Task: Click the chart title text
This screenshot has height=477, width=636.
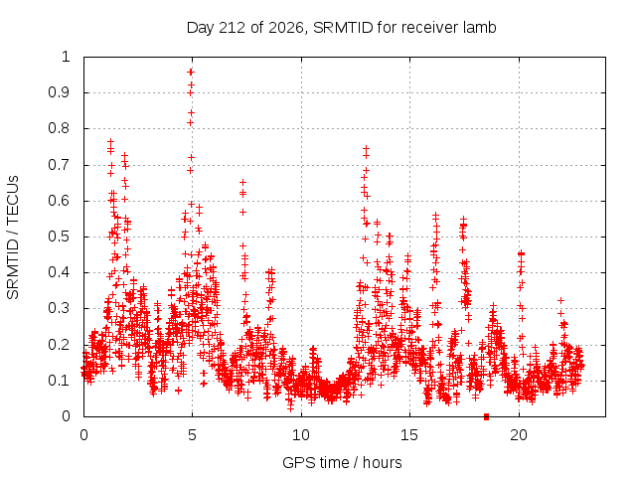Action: pyautogui.click(x=341, y=28)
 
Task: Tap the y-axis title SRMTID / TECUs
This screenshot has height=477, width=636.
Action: pyautogui.click(x=13, y=238)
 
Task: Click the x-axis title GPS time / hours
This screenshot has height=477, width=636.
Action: pyautogui.click(x=342, y=462)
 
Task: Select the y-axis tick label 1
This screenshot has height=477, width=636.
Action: pyautogui.click(x=67, y=57)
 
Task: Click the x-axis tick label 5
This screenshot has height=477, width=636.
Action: pyautogui.click(x=192, y=435)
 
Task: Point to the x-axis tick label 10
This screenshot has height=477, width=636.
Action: pyautogui.click(x=300, y=435)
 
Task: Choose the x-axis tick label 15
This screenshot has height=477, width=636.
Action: pyautogui.click(x=409, y=435)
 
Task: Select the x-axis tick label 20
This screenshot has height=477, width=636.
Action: pyautogui.click(x=519, y=435)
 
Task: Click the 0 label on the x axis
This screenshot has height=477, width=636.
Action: pyautogui.click(x=83, y=435)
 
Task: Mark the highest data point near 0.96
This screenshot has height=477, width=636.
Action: pyautogui.click(x=191, y=73)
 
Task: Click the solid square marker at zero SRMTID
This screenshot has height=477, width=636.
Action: pyautogui.click(x=486, y=416)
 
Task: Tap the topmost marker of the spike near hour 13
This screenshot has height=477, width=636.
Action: pyautogui.click(x=367, y=148)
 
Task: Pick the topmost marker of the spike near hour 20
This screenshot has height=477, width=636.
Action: pyautogui.click(x=521, y=254)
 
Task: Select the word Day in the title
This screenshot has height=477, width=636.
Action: pyautogui.click(x=200, y=28)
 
